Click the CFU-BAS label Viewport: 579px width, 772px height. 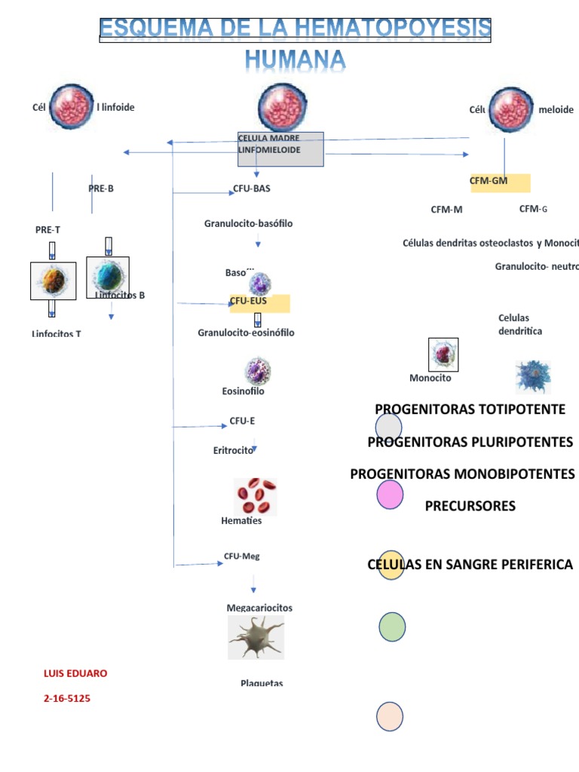coord(251,188)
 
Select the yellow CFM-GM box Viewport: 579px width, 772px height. coord(500,183)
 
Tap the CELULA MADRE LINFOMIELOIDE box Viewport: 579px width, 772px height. coord(280,149)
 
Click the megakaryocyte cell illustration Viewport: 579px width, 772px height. coord(256,637)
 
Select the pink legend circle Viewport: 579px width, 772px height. coord(390,494)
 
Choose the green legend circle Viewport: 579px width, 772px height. coord(392,626)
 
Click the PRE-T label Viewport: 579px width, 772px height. coord(47,229)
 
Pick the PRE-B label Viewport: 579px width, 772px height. coord(101,188)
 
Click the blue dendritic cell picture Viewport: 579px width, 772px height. coord(533,376)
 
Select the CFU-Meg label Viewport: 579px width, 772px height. coord(241,556)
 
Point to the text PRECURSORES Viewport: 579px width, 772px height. coord(470,506)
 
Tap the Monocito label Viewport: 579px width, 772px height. coord(430,378)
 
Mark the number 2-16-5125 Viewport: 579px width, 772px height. coord(67,699)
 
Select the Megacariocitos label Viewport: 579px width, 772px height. coord(259,608)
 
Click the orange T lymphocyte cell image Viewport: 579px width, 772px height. coord(52,281)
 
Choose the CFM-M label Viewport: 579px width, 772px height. coord(446,210)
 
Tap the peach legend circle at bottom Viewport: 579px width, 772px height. coord(391,716)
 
